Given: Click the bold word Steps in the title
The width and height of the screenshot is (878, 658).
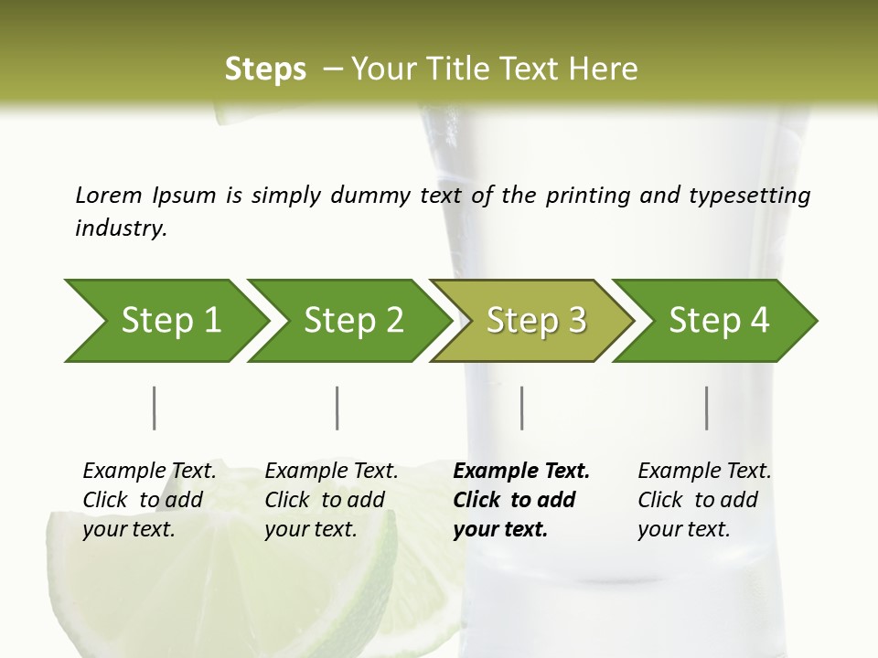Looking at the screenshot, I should click(265, 69).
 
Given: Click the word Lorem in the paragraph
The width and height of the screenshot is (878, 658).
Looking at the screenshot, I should click(108, 196).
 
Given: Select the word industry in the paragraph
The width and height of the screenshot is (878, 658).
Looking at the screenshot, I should click(120, 228).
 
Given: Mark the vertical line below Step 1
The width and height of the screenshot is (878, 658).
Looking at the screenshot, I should click(155, 408).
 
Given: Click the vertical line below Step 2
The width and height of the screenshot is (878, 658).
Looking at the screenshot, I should click(337, 408).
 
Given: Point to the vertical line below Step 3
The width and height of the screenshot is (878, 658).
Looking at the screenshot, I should click(521, 408).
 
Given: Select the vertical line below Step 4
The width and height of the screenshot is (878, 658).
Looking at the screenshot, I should click(706, 408).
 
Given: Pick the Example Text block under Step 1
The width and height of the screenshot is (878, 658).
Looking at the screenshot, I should click(149, 500).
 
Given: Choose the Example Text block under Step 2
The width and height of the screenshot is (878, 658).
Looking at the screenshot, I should click(331, 500).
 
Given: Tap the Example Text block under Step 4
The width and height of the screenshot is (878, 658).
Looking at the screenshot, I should click(704, 500).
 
